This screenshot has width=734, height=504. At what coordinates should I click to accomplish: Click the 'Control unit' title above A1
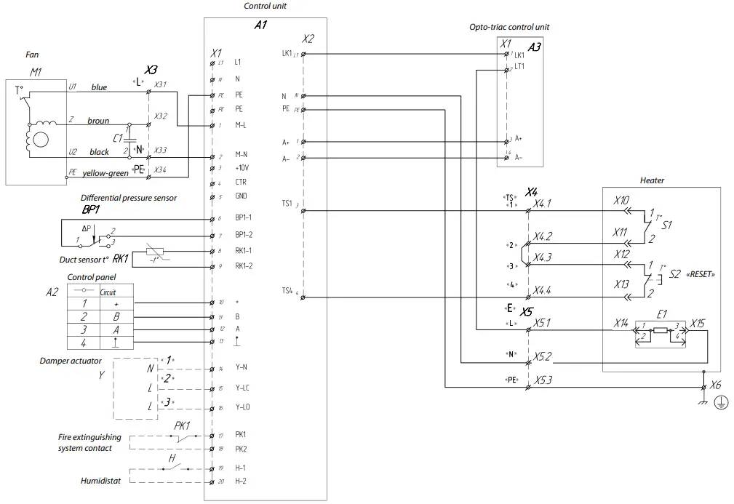(x=265, y=6)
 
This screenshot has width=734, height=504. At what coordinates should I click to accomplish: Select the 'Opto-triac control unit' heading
(x=509, y=27)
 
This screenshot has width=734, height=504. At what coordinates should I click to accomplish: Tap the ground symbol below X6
(x=719, y=402)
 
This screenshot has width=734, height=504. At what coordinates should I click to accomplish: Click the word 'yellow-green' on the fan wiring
(x=105, y=173)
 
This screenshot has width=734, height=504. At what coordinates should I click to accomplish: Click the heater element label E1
(x=661, y=314)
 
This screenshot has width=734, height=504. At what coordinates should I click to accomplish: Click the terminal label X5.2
(x=543, y=356)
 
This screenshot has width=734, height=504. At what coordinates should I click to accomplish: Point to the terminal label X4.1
(x=543, y=204)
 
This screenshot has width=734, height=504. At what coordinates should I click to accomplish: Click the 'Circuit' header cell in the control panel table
(x=108, y=292)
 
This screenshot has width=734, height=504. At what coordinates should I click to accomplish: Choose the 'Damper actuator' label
(x=70, y=361)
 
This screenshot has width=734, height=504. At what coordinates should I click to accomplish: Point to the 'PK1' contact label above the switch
(x=182, y=425)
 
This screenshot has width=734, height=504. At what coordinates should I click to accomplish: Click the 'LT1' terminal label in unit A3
(x=519, y=67)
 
